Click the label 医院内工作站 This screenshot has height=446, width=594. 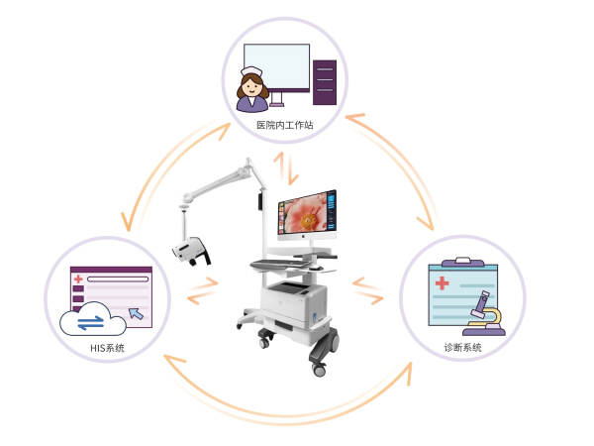pos(285,125)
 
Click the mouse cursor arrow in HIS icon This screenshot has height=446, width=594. pos(136,314)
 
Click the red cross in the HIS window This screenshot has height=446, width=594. pos(76,280)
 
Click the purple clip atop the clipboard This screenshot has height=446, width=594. pos(456,263)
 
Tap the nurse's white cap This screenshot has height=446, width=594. pos(249,71)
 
